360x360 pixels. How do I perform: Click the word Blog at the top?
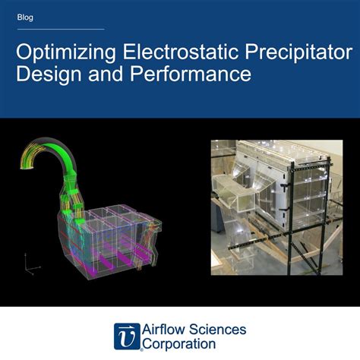click(x=25, y=16)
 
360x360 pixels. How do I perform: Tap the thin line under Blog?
click(x=60, y=30)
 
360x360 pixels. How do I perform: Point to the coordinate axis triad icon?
click(x=29, y=264)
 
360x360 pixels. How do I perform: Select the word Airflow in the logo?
click(x=165, y=329)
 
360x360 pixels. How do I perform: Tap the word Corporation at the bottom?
click(x=181, y=344)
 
